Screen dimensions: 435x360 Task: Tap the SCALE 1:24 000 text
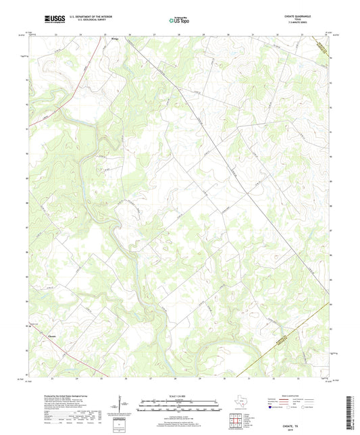click(x=180, y=396)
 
